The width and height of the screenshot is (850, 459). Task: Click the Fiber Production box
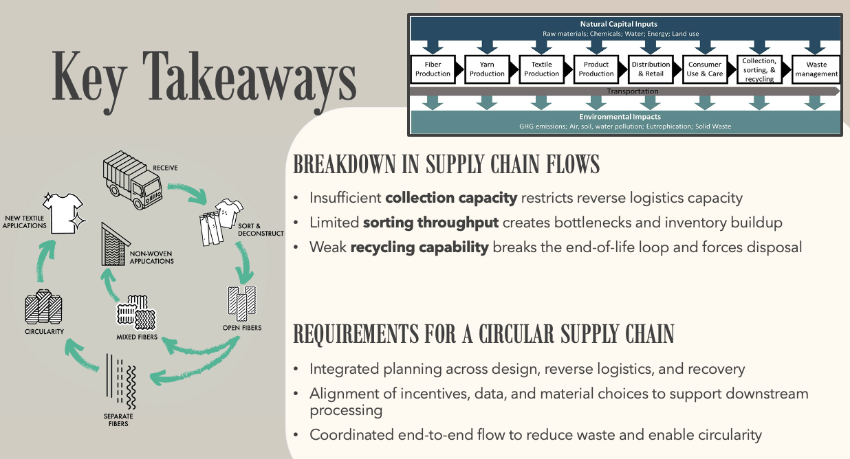[x=433, y=69]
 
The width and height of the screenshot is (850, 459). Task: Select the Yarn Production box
[x=487, y=69]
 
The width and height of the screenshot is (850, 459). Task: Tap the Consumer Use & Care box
[x=705, y=69]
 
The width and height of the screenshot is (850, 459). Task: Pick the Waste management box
[x=817, y=69]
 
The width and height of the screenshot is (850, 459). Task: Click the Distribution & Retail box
[x=650, y=69]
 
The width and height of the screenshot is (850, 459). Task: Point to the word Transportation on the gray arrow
[x=632, y=91]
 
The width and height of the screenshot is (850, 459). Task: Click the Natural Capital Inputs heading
[x=618, y=25]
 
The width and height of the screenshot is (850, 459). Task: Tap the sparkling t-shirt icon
[x=63, y=210]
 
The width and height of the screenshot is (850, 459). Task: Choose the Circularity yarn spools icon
[x=43, y=309]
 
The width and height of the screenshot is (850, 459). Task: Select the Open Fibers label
[x=242, y=328]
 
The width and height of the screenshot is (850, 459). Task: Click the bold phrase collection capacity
[x=451, y=198]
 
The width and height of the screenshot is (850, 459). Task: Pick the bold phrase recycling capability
[x=420, y=246]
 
